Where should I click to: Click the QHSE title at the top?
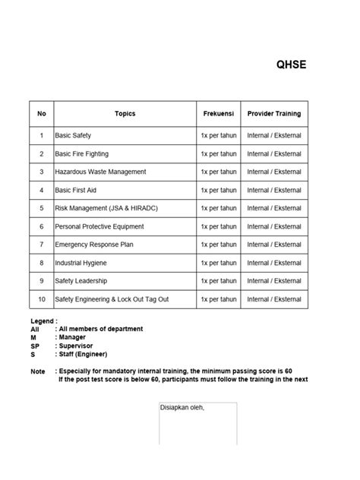point(291,65)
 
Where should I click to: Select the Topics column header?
point(125,114)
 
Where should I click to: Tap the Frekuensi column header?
point(218,114)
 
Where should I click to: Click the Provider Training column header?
point(274,114)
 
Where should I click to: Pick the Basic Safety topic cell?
point(73,135)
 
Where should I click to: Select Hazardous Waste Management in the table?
point(100,172)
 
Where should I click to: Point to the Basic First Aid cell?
point(77,190)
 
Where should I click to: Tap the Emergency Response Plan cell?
point(93,245)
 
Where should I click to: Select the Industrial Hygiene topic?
point(81,263)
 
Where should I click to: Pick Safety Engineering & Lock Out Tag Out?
point(112,299)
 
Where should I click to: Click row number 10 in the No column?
point(42,299)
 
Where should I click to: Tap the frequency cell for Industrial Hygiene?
point(218,263)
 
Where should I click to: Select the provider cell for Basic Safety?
point(274,135)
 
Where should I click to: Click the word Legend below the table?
point(43,321)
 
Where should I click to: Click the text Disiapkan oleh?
point(182,408)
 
